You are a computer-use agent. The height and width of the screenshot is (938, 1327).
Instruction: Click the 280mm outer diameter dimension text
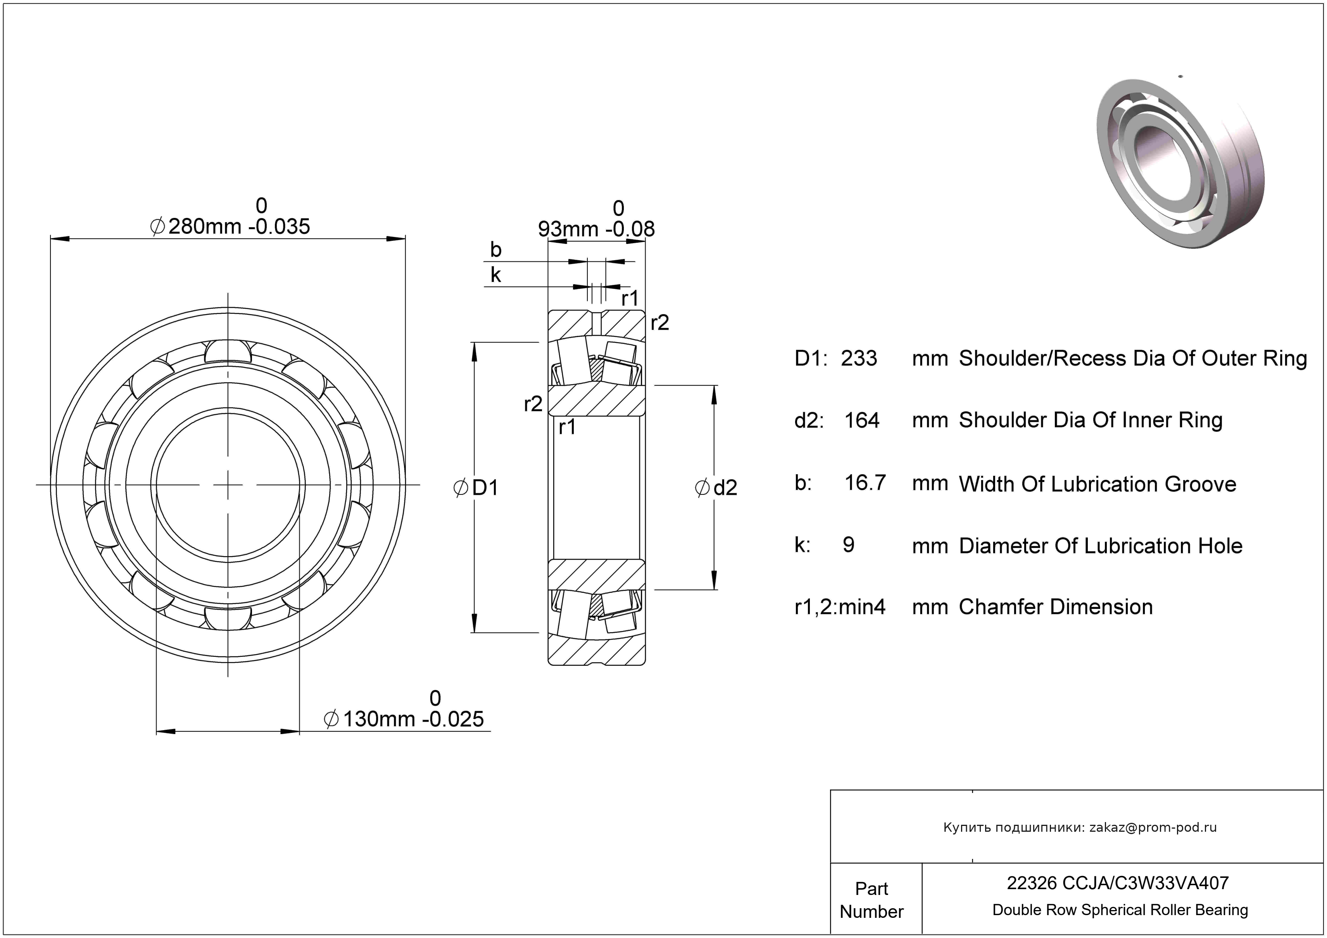click(x=230, y=226)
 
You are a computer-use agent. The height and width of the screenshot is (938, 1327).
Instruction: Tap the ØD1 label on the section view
click(x=476, y=488)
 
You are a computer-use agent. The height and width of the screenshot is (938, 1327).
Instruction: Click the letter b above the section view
click(x=495, y=250)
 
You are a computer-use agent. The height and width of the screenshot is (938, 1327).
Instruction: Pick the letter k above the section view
click(x=495, y=275)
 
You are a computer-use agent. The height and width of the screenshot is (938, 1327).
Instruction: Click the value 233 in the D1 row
click(x=859, y=358)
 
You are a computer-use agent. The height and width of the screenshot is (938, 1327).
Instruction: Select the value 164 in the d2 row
click(x=862, y=420)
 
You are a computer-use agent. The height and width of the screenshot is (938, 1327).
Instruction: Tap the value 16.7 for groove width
click(x=865, y=483)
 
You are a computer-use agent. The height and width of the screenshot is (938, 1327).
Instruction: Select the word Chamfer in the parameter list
click(x=1001, y=607)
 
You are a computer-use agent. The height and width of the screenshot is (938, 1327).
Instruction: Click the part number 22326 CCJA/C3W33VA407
click(x=1118, y=883)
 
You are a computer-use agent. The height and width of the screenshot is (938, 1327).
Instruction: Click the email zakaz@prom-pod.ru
click(x=1153, y=827)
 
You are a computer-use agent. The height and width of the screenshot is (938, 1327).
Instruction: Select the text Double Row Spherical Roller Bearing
click(x=1120, y=910)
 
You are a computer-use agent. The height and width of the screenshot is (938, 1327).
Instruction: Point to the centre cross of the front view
click(x=228, y=484)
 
